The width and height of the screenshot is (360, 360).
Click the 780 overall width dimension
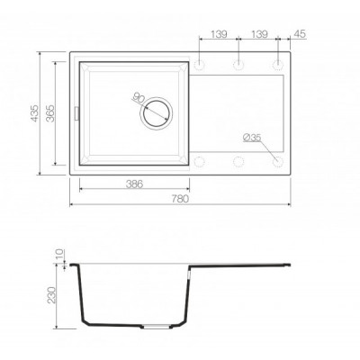(180, 199)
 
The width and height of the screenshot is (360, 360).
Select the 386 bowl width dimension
(134, 184)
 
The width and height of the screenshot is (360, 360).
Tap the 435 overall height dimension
(35, 113)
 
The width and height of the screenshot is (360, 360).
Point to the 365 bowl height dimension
(51, 113)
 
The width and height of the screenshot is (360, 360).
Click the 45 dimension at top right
(299, 34)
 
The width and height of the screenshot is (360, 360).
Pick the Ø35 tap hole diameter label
(252, 138)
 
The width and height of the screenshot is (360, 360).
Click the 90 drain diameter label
(139, 98)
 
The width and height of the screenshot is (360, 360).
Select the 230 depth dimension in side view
(51, 295)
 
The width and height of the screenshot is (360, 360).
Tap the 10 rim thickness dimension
(60, 254)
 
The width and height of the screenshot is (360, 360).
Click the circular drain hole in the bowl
(156, 113)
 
